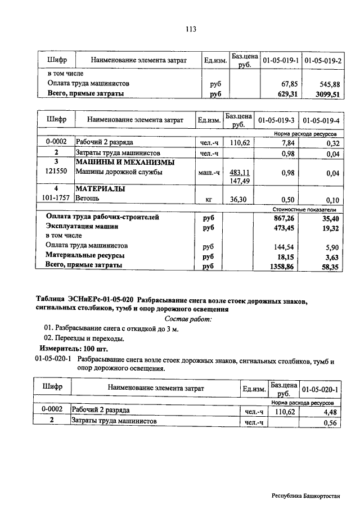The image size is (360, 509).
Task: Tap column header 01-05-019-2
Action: tap(323, 60)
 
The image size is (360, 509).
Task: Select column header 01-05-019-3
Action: tap(276, 120)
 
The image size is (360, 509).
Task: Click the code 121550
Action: tap(56, 172)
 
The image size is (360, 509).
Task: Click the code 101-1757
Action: tap(56, 199)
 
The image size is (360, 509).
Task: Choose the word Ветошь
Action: tap(87, 199)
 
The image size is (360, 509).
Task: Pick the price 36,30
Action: tap(239, 199)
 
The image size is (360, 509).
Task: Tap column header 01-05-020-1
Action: tap(319, 389)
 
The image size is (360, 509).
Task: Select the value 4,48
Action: tap(327, 411)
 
